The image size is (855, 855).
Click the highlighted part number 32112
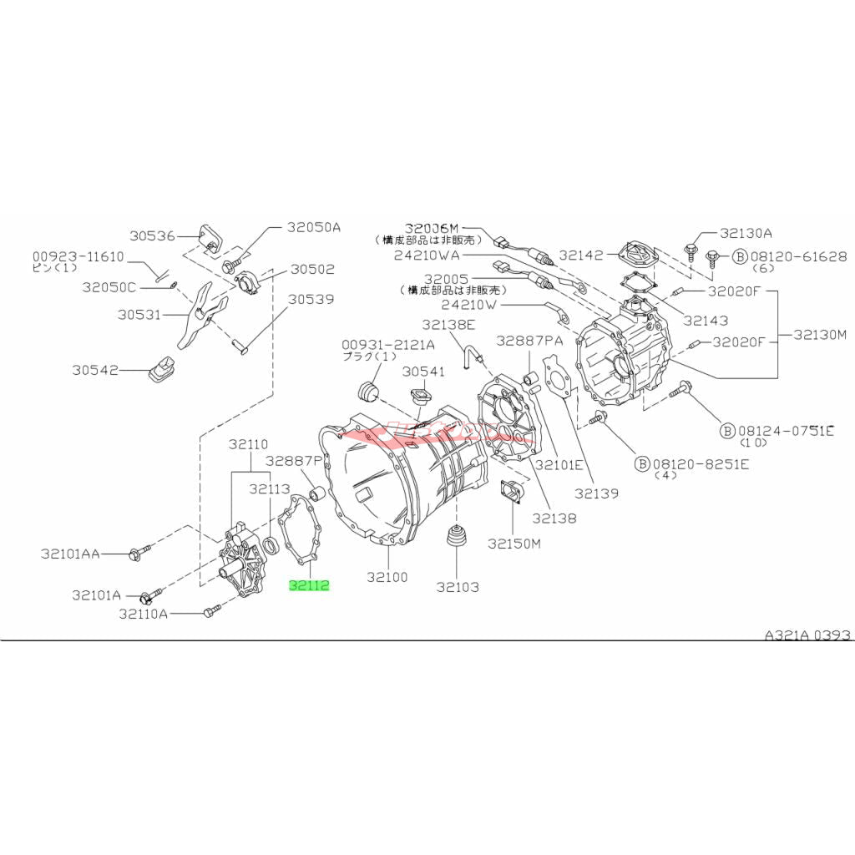[310, 585]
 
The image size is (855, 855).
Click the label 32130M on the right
[820, 335]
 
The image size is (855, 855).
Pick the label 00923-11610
[78, 256]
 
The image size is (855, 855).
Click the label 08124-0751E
[785, 430]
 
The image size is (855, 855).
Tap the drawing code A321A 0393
[807, 635]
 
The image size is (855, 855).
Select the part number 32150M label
[514, 544]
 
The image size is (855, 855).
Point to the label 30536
[153, 235]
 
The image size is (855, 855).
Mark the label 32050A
[315, 226]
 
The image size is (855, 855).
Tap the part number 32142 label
[581, 255]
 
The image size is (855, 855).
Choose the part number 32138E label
[448, 325]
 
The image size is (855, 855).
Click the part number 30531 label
[138, 315]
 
